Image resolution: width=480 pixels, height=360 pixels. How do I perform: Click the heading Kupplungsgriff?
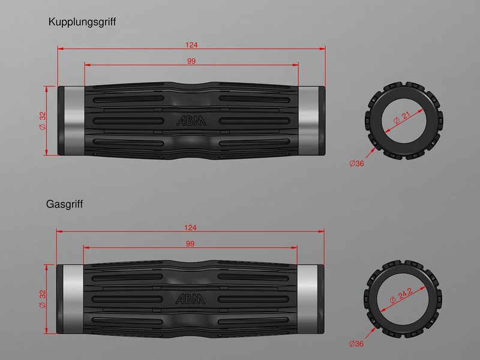coord(82,22)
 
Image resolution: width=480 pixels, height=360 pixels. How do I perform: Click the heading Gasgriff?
coord(64,205)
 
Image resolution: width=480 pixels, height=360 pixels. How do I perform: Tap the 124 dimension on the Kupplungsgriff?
coord(191,45)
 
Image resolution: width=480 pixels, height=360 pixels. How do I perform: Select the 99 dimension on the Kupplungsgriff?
coord(191,61)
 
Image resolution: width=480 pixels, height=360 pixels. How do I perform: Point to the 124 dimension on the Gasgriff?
coord(190,227)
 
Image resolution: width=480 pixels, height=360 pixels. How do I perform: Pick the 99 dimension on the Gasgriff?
coord(190,244)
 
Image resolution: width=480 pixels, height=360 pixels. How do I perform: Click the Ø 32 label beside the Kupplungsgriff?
coord(43,121)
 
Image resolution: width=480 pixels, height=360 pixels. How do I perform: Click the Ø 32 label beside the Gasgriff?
coord(43,299)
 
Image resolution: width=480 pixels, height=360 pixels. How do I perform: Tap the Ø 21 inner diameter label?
coord(401,118)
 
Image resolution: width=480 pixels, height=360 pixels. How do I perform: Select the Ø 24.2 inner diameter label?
coord(401,296)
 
